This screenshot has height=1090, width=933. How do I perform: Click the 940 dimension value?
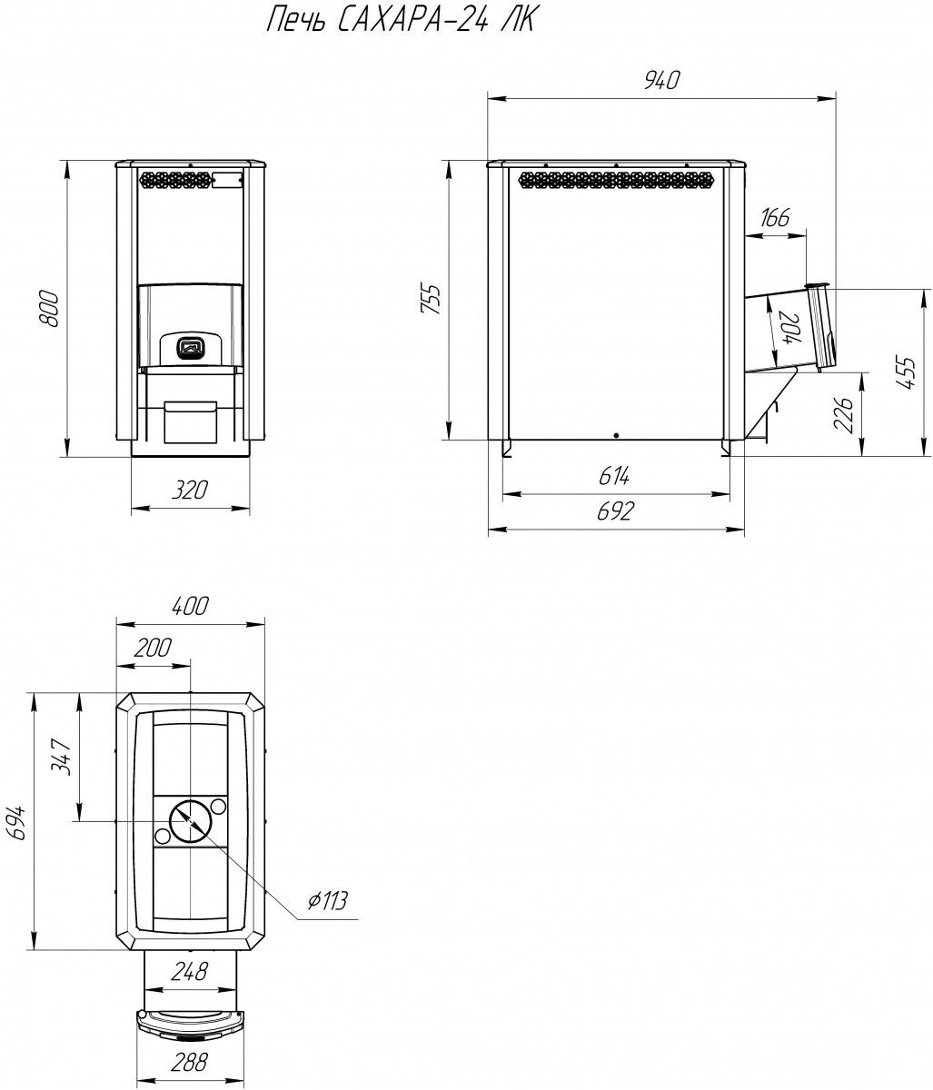point(662,80)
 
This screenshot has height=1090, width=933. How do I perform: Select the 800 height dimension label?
point(50,309)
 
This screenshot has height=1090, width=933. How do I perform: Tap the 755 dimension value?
point(431,300)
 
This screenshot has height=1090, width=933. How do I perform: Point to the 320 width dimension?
point(190,490)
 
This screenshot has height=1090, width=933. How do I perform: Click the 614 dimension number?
point(615,476)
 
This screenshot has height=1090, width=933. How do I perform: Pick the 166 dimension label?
point(775,217)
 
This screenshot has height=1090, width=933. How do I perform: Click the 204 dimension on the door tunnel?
point(790,328)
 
